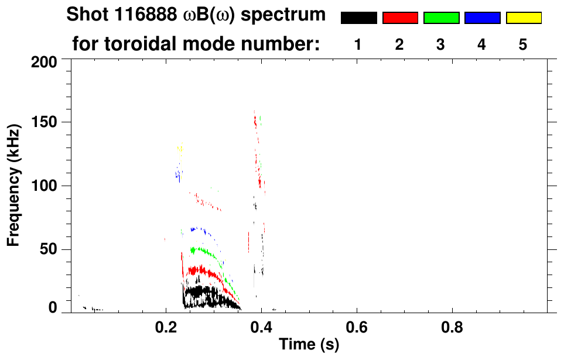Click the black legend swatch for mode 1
click(x=358, y=18)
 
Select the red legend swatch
click(x=400, y=18)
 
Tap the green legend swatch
click(x=441, y=18)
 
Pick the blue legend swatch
click(x=482, y=18)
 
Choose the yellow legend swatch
click(x=523, y=18)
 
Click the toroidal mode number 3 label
click(x=440, y=44)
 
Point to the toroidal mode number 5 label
click(x=523, y=44)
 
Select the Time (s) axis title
click(x=309, y=345)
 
